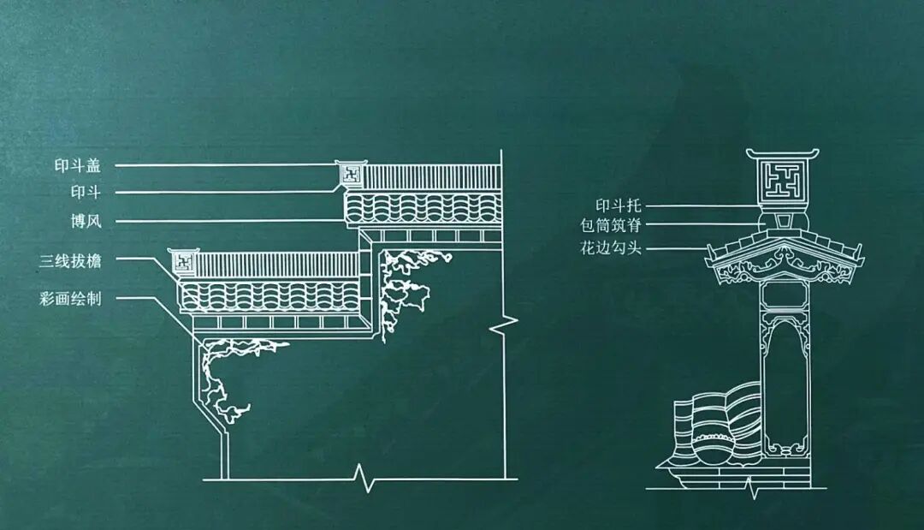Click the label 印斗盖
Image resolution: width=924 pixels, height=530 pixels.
click(78, 165)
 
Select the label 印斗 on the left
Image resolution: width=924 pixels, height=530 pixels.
click(86, 192)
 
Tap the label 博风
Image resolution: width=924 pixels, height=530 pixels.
click(86, 221)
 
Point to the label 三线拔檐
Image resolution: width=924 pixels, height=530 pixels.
click(70, 259)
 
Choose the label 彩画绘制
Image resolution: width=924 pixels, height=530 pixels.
click(70, 298)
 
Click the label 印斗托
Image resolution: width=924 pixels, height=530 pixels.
click(619, 205)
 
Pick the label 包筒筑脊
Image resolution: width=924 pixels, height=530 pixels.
click(610, 226)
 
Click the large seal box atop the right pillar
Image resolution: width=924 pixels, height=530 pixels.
click(783, 182)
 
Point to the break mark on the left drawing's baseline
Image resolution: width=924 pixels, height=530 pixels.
click(366, 478)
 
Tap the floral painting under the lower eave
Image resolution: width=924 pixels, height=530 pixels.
click(231, 368)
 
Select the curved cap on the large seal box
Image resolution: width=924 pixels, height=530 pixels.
click(782, 154)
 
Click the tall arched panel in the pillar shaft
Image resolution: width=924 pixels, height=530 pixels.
click(785, 385)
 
